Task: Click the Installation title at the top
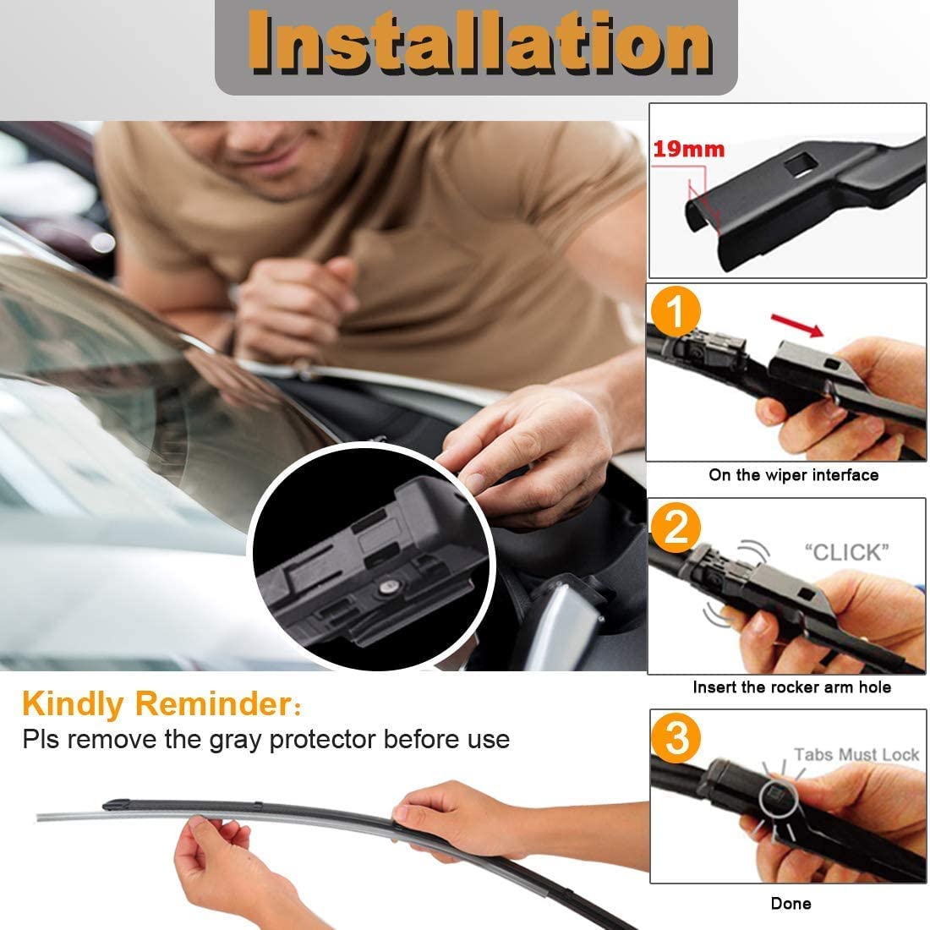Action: (480, 42)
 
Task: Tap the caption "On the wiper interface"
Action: (793, 475)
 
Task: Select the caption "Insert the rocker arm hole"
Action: (791, 687)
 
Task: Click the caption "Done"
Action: (790, 904)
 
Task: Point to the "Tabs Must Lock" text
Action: (856, 754)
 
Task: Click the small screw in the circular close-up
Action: (387, 585)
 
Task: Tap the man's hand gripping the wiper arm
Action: (524, 440)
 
